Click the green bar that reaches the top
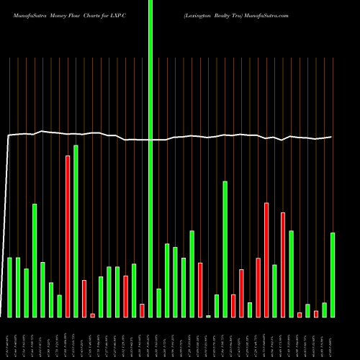150,144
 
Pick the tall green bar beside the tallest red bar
76,230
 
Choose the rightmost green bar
333,274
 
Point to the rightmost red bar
316,313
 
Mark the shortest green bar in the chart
209,316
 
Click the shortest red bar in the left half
93,315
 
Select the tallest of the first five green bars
35,260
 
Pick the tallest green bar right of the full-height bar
225,248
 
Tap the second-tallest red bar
266,259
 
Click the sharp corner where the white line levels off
8,135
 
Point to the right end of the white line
332,137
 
